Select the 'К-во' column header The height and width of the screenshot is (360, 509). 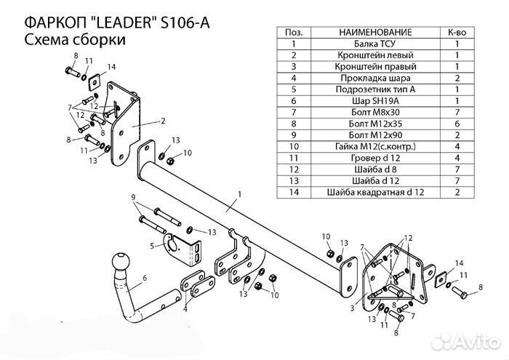click(457, 32)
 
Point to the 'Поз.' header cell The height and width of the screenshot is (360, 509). click(294, 32)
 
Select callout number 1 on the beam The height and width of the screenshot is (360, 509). click(238, 195)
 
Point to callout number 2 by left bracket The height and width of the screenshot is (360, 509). click(164, 121)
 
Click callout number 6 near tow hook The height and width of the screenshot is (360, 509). click(145, 276)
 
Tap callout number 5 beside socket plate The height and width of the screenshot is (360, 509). click(151, 246)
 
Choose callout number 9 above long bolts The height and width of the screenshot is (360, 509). click(133, 198)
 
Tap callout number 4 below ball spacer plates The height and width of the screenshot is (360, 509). click(185, 309)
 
